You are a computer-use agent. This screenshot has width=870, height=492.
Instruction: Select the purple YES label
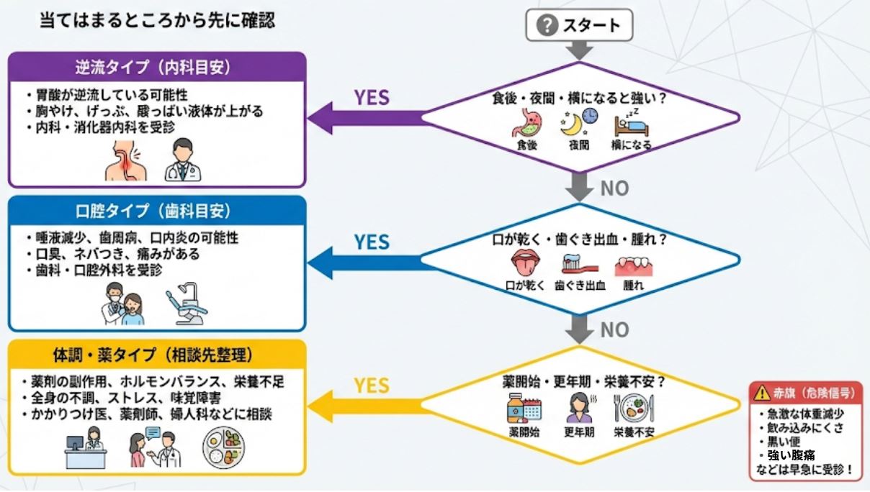371,98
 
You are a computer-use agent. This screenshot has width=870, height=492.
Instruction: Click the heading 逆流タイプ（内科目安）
157,68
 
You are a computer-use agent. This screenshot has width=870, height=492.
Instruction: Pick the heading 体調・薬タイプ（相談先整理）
157,355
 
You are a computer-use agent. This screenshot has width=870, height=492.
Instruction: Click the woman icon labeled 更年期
579,408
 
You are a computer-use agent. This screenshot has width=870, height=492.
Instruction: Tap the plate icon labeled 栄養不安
632,408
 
